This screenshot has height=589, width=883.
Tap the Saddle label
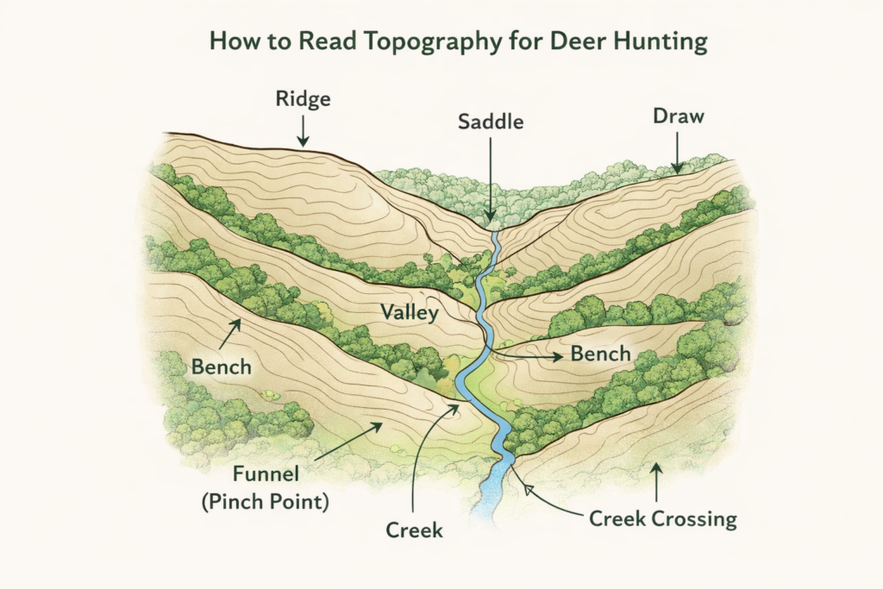[x=490, y=122]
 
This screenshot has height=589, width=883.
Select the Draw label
[x=678, y=115]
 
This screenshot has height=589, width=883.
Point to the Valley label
[x=410, y=313]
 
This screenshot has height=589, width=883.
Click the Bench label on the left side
[x=222, y=367]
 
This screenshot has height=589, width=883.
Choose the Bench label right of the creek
[x=599, y=354]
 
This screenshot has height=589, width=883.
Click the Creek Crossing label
[x=662, y=518]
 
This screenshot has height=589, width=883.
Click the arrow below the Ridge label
[x=303, y=131]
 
